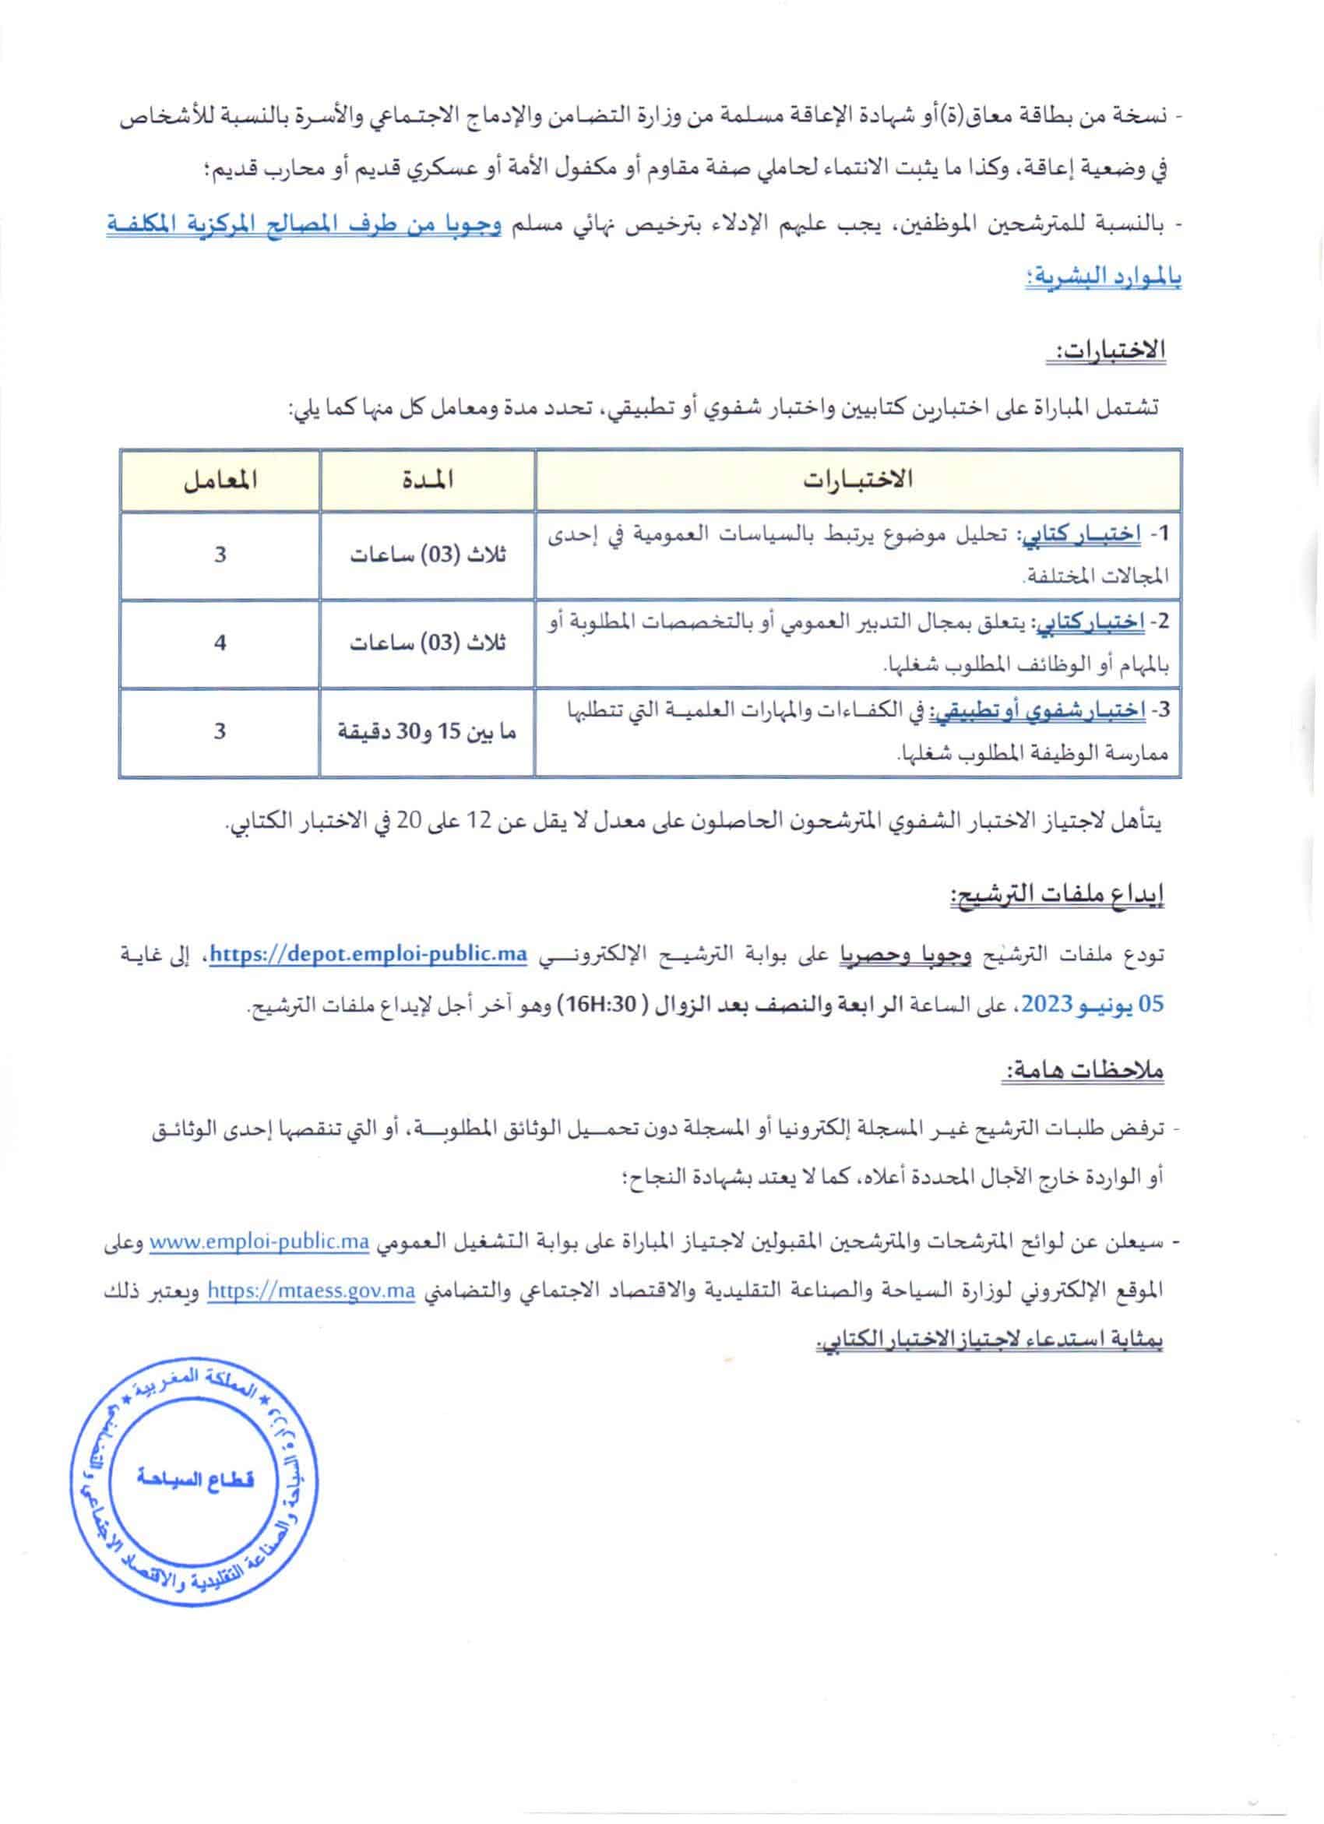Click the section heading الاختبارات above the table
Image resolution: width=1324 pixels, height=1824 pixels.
point(1108,350)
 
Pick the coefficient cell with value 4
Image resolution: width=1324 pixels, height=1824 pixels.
point(220,643)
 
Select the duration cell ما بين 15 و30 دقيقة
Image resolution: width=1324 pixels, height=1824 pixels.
point(427,732)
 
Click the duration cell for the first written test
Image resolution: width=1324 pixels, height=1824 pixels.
point(427,556)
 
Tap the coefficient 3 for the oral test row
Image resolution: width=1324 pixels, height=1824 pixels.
point(220,732)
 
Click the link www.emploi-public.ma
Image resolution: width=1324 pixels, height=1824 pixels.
point(259,1242)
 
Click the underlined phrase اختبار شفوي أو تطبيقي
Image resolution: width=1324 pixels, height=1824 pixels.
point(1038,710)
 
